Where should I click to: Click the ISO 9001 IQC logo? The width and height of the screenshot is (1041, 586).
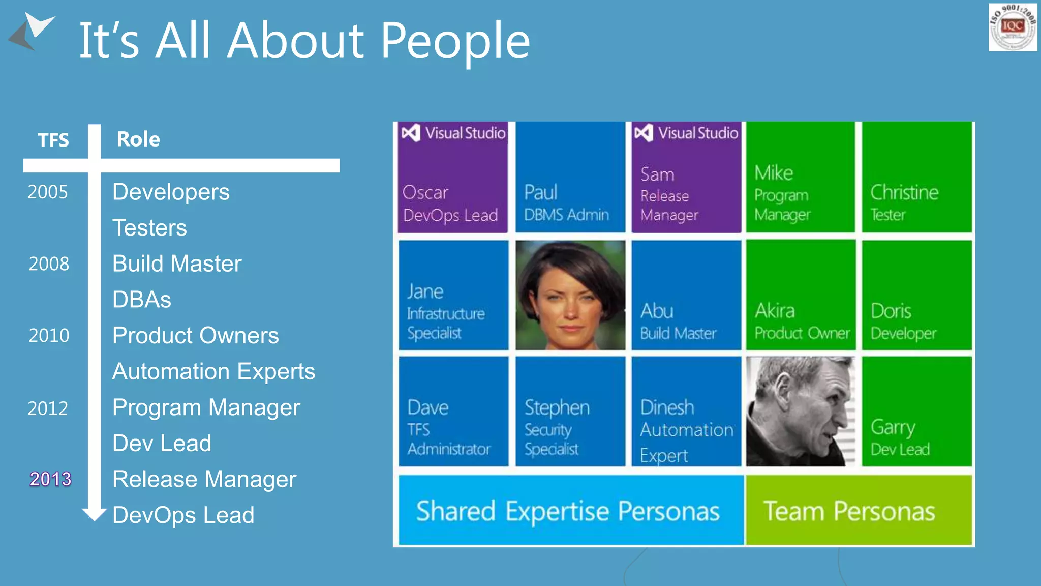pos(1013,27)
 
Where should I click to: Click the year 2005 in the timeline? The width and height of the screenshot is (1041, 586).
pos(47,192)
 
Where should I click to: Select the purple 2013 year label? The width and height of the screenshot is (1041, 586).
pos(50,479)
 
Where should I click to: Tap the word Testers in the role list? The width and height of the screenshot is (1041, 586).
pos(149,227)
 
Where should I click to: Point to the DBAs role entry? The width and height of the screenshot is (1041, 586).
pos(142,300)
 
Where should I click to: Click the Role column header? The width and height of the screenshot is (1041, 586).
pos(138,139)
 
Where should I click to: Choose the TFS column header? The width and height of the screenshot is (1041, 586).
pos(53,140)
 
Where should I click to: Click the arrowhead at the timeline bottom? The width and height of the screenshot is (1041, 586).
pos(94,514)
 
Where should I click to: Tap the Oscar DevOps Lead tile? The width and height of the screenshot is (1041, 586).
pos(452,178)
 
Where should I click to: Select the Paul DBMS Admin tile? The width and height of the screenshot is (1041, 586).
pos(570,178)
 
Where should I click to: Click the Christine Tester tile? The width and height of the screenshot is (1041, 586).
pos(917,178)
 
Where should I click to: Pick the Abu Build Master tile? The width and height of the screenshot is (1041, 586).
pos(686,296)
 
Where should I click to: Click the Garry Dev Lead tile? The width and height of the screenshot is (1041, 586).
pos(917,412)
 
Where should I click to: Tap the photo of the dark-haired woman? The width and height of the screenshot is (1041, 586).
pos(570,296)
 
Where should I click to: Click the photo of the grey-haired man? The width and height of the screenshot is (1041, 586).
pos(801,412)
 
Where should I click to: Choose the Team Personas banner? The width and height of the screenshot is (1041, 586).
pos(859,510)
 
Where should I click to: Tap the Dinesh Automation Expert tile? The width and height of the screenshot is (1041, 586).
pos(686,412)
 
